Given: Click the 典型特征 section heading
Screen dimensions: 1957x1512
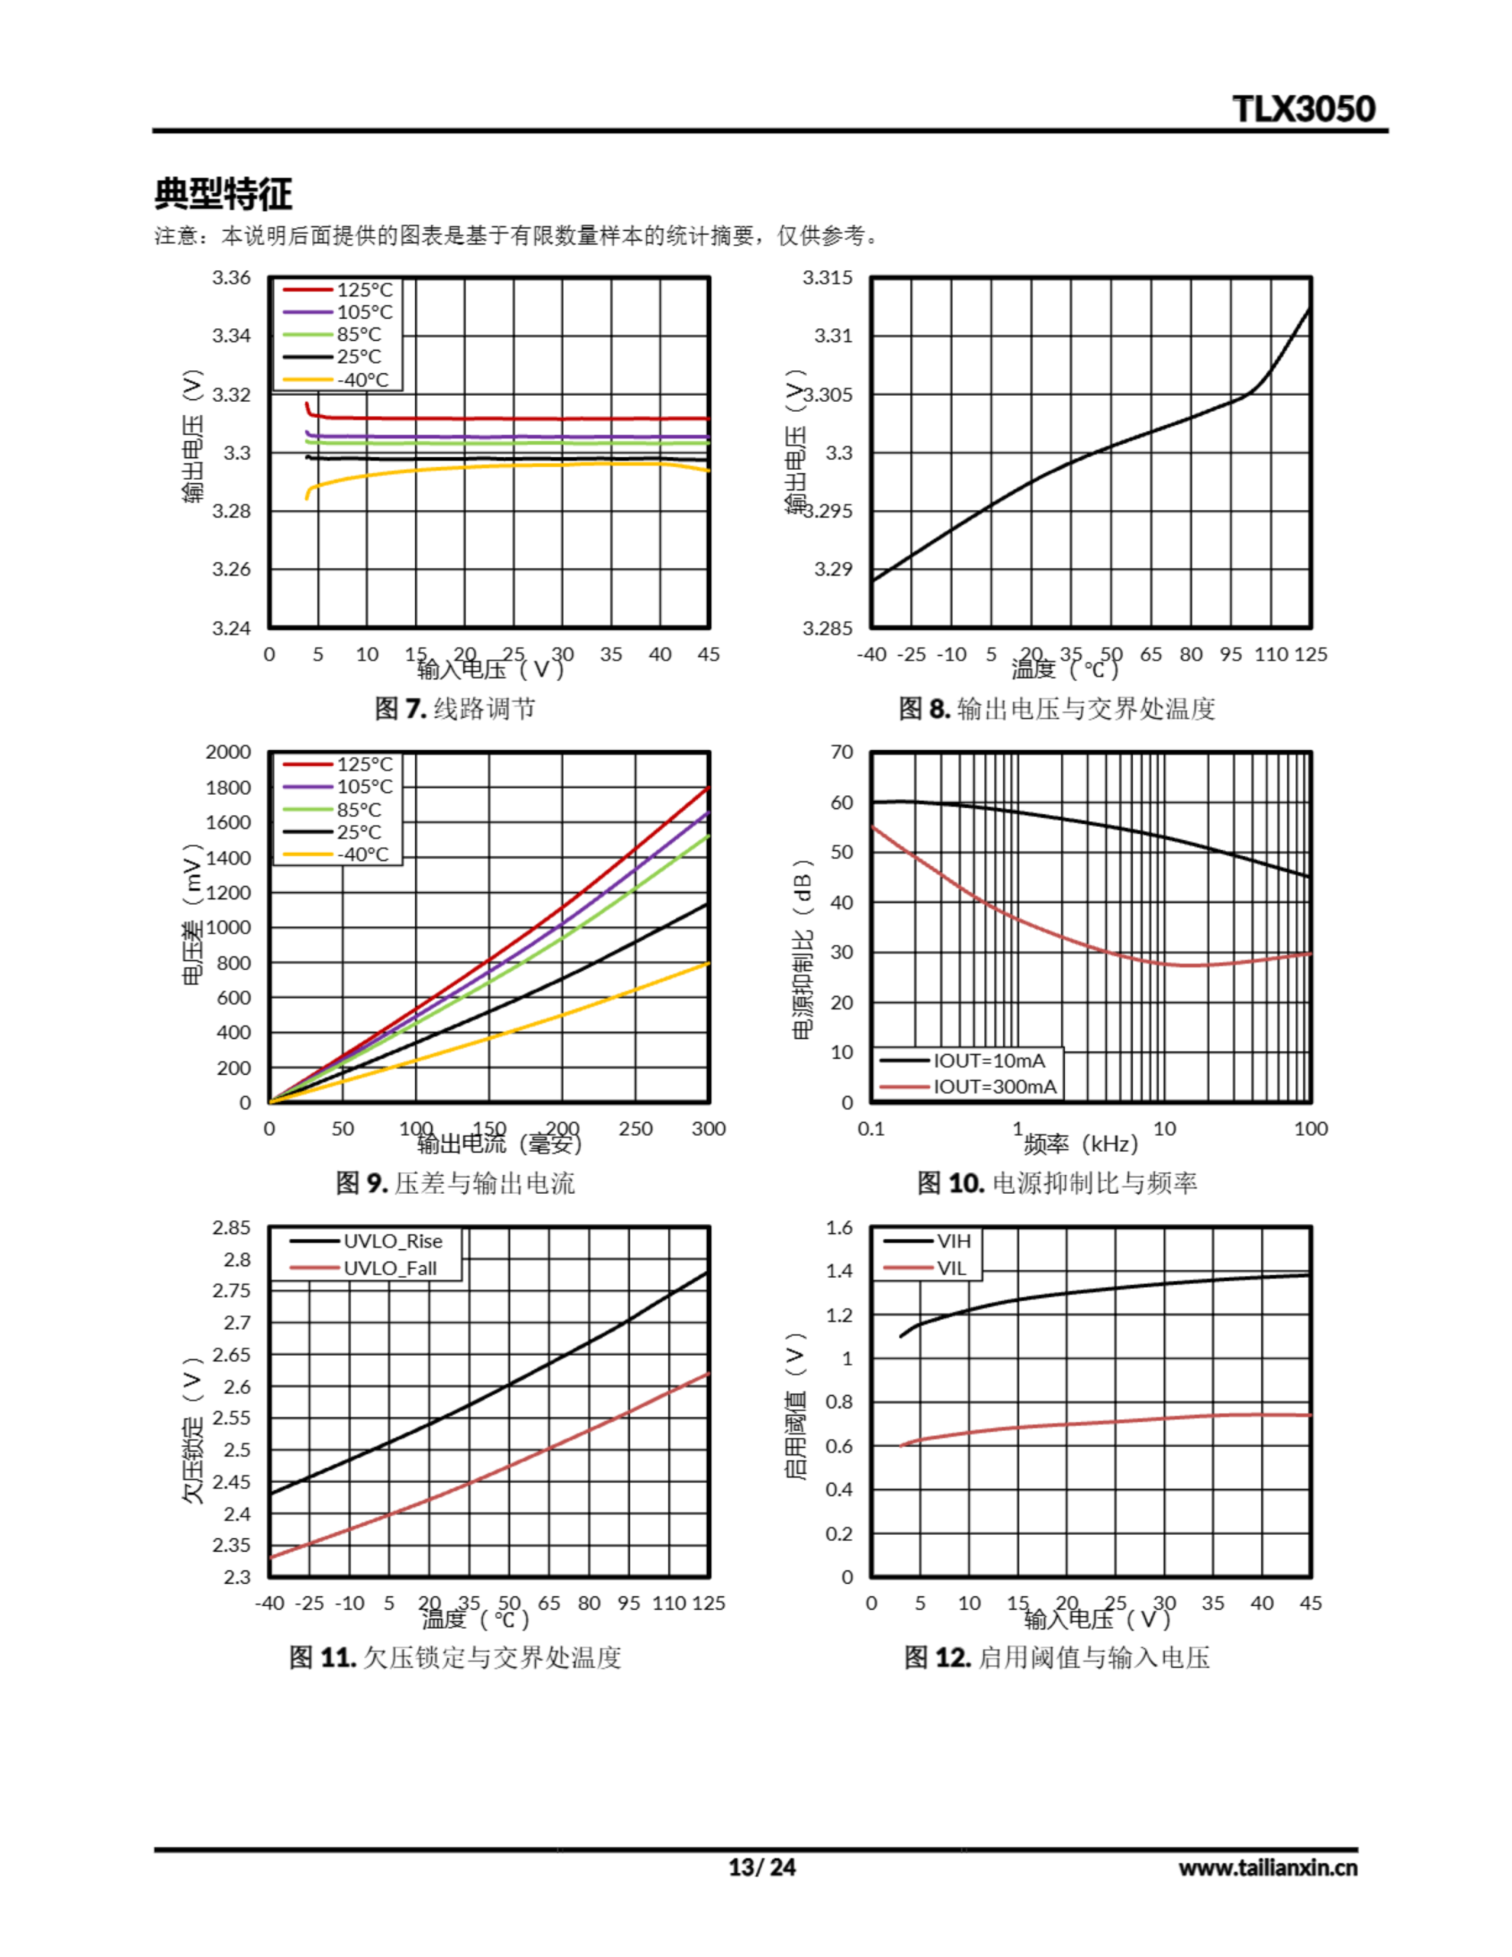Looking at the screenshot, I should click(x=223, y=193).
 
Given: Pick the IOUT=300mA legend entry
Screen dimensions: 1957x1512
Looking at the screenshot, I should click(x=994, y=1087).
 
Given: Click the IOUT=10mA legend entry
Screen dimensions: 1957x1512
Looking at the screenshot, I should click(x=988, y=1061).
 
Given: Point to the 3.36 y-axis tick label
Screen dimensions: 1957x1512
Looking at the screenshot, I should click(x=232, y=277).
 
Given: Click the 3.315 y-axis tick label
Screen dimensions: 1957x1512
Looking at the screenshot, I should click(x=827, y=277).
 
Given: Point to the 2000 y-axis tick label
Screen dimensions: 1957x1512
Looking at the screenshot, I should click(x=228, y=751).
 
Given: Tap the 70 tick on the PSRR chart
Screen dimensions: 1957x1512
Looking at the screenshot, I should click(x=842, y=751).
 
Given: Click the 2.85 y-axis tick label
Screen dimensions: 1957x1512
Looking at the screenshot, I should click(x=232, y=1228).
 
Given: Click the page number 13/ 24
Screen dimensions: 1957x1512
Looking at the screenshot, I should click(x=762, y=1868).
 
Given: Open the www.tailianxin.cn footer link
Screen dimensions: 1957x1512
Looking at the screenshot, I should click(x=1267, y=1868).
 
